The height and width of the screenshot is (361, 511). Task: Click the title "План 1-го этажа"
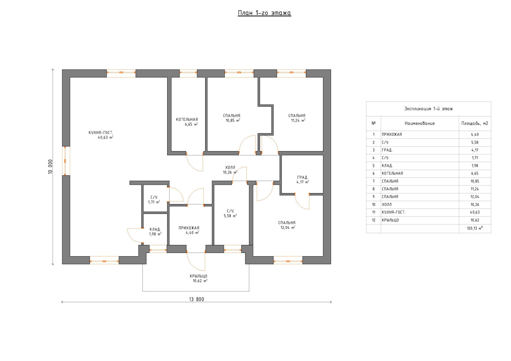264,13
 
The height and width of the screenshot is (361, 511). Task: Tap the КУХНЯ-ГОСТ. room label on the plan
101,133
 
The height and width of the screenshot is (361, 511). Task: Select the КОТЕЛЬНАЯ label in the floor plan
187,119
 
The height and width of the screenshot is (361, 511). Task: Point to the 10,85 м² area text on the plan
233,120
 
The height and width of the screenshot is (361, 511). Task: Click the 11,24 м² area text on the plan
298,120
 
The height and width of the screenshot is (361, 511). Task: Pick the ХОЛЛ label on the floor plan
230,168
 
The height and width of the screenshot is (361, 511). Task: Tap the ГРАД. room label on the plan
303,177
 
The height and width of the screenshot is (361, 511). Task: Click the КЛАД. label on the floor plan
155,229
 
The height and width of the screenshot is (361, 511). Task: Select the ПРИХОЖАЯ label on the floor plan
189,228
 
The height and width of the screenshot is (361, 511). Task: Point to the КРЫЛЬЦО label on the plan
199,276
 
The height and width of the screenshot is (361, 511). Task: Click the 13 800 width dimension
196,299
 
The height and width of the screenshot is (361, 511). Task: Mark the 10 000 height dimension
50,166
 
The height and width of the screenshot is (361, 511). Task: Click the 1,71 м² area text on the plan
154,202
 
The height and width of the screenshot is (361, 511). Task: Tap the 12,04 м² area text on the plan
288,227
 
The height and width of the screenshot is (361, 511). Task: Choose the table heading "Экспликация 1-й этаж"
429,109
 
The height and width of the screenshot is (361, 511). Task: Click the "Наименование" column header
420,123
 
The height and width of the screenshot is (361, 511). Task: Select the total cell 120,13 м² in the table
475,228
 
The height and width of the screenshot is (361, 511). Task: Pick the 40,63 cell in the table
475,212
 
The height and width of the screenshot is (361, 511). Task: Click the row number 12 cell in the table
374,220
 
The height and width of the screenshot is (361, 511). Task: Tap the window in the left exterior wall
66,161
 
